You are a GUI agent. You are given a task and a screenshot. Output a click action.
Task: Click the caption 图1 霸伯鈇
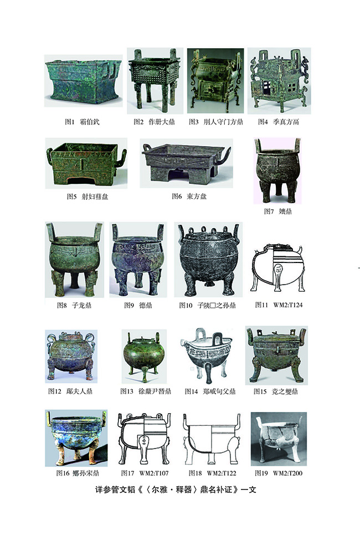[x=82, y=122]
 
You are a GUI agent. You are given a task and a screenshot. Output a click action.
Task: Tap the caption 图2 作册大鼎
[x=154, y=122]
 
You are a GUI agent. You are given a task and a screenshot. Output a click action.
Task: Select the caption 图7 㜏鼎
[x=277, y=212]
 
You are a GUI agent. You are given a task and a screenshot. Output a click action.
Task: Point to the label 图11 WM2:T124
[x=279, y=305]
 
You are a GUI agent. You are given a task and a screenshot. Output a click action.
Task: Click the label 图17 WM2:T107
[x=145, y=473]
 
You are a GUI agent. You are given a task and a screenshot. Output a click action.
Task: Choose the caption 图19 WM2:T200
[x=279, y=473]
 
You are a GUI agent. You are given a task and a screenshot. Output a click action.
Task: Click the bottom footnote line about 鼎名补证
[x=176, y=489]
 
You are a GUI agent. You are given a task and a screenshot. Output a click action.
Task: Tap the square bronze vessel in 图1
[x=83, y=81]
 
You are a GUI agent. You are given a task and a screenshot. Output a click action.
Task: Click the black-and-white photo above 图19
[x=279, y=439]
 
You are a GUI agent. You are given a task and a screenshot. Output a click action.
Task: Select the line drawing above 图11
[x=277, y=267]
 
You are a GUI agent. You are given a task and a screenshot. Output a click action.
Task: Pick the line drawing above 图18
[x=212, y=438]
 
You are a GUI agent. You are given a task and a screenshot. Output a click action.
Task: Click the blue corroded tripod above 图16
[x=76, y=438]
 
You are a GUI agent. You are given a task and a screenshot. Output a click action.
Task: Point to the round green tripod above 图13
[x=144, y=356]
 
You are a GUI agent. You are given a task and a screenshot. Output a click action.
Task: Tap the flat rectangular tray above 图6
[x=186, y=163]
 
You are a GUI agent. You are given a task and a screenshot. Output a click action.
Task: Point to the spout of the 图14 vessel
[x=185, y=342]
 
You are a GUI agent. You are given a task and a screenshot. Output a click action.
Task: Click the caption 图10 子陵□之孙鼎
[x=208, y=305]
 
